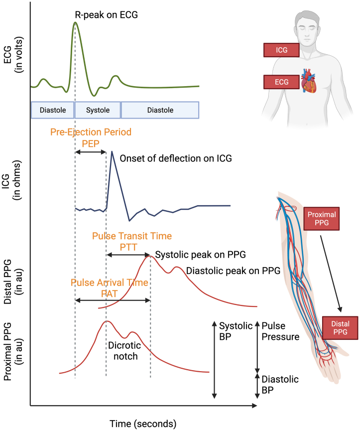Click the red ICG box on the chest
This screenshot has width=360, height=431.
(282, 49)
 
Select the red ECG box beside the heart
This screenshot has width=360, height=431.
(282, 82)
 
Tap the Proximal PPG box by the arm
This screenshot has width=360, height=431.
(322, 219)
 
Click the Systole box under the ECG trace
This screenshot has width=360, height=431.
(98, 110)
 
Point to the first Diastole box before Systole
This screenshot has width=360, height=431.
(52, 110)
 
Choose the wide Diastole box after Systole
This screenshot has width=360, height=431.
(160, 110)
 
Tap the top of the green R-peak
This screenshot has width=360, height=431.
(75, 23)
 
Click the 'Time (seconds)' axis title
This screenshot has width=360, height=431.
(142, 424)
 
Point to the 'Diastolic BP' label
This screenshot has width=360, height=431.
(280, 384)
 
